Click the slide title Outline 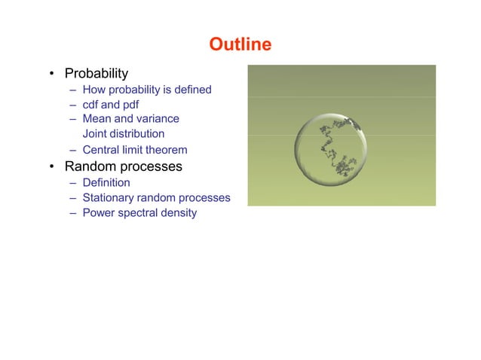click(x=240, y=44)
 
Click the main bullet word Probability click(x=96, y=74)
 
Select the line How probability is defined click(x=147, y=90)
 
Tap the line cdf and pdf click(x=110, y=105)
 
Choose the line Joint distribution click(x=123, y=134)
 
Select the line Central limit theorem click(x=134, y=150)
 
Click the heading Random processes click(x=123, y=166)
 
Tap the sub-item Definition click(x=106, y=182)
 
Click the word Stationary click(x=110, y=198)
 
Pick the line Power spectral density click(x=139, y=213)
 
